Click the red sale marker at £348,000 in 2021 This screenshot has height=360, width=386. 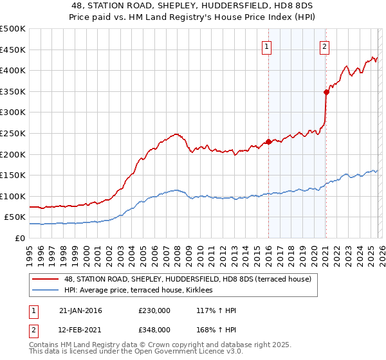[326, 92]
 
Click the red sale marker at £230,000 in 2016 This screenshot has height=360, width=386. [268, 142]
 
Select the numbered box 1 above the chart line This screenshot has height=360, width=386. [266, 46]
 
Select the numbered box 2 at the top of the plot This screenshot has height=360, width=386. [325, 46]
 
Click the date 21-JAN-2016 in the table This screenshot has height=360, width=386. [80, 310]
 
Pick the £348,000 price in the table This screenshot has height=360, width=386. [154, 329]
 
